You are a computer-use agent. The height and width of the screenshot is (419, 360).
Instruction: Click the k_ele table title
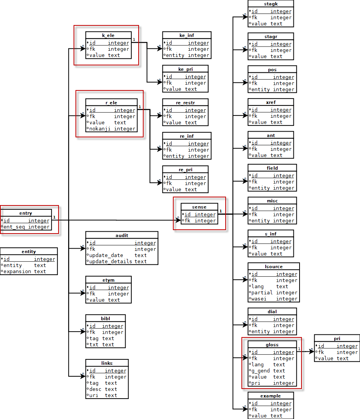[108, 35]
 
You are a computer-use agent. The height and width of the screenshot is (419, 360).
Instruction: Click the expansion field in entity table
[17, 272]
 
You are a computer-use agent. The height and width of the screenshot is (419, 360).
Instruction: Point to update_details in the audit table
[111, 262]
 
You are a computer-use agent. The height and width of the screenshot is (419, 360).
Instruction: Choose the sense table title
[199, 207]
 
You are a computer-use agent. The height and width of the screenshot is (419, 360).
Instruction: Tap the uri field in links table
[94, 396]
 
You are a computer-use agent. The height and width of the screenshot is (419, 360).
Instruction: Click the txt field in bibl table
[94, 345]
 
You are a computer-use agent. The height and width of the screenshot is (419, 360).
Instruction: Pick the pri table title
[337, 339]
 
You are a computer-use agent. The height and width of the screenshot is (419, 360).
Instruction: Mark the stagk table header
[270, 4]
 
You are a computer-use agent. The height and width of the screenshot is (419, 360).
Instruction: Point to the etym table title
[108, 280]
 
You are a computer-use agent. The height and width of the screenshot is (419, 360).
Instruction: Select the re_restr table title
[185, 103]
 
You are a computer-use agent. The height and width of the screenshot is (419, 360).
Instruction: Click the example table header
[270, 396]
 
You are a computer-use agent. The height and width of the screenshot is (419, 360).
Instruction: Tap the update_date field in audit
[106, 255]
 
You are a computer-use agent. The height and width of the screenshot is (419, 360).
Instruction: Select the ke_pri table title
[185, 69]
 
